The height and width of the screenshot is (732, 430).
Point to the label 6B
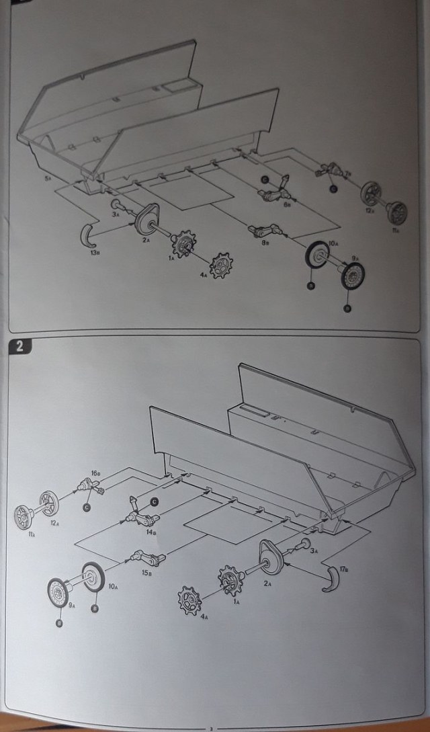286,204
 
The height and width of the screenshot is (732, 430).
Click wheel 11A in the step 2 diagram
25,517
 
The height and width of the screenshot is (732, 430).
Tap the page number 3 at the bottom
210,726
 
